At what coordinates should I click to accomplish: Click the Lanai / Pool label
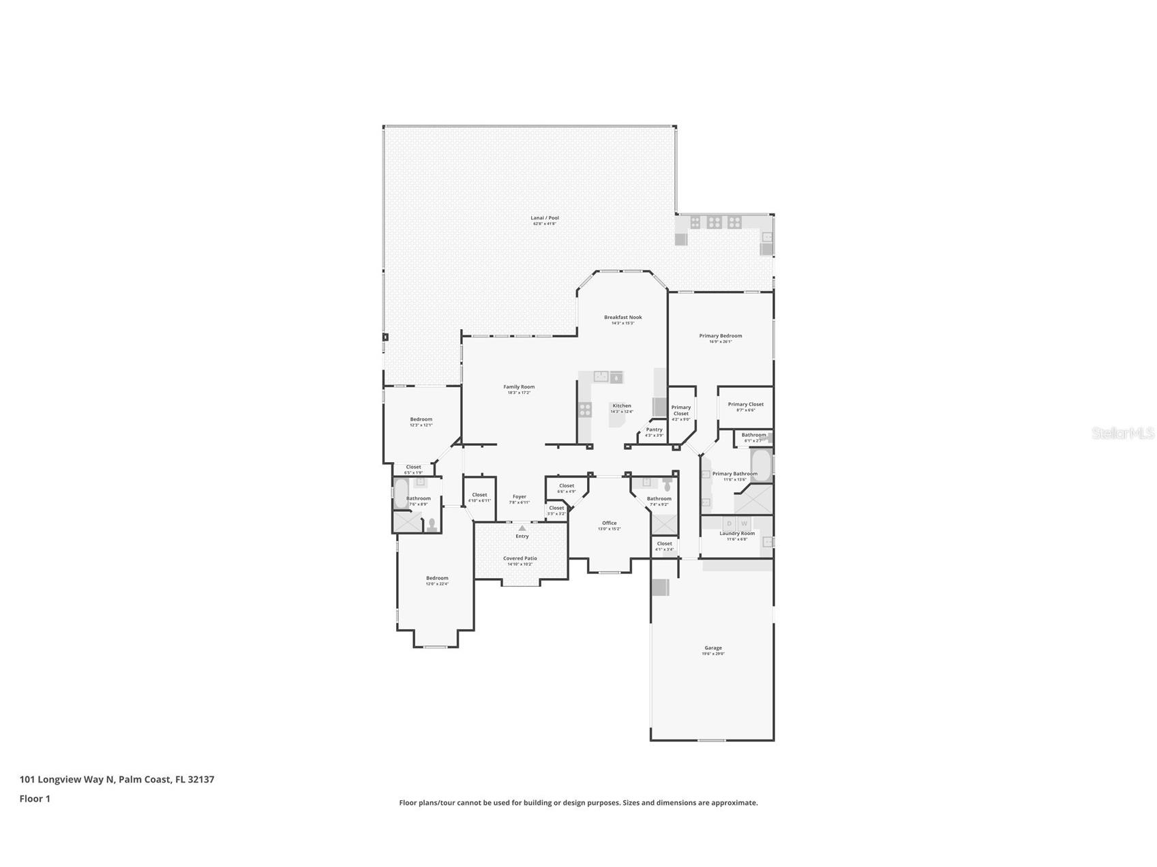[x=545, y=218]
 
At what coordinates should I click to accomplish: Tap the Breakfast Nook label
[x=622, y=318]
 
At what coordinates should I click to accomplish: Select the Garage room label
[x=713, y=648]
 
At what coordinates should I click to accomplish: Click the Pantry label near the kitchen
[x=654, y=430]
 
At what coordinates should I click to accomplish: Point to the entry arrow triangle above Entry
[x=522, y=528]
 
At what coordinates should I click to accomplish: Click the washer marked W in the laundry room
[x=745, y=523]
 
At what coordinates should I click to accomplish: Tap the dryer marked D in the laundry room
[x=729, y=523]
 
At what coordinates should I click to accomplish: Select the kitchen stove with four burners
[x=585, y=410]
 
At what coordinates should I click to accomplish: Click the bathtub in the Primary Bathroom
[x=760, y=465]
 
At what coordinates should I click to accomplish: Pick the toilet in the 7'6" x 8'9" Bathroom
[x=432, y=524]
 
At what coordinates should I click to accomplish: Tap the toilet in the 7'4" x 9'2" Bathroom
[x=667, y=485]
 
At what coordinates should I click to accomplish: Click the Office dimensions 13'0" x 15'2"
[x=609, y=529]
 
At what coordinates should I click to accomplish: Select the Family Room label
[x=519, y=387]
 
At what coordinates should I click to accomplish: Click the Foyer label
[x=520, y=497]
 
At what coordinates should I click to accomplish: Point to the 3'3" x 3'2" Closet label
[x=556, y=508]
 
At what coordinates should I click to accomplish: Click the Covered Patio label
[x=520, y=558]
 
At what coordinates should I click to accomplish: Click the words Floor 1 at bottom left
[x=35, y=799]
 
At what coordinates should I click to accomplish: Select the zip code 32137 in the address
[x=201, y=779]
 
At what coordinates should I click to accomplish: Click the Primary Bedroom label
[x=720, y=336]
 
